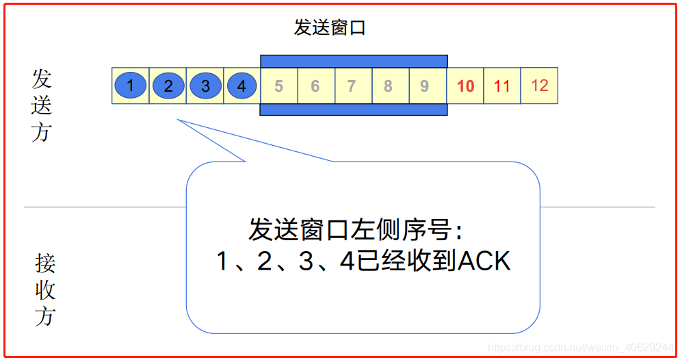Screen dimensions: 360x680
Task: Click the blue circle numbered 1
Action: tap(131, 86)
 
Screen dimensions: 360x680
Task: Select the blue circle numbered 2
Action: tap(168, 86)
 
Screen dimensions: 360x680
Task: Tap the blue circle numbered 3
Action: tap(205, 86)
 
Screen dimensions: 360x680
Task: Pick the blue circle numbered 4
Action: tap(241, 86)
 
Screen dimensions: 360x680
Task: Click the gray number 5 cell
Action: tap(278, 86)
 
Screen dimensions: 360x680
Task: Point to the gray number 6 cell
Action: tap(315, 86)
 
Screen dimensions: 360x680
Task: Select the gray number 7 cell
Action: tap(352, 86)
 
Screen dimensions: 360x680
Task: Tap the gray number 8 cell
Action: tap(389, 86)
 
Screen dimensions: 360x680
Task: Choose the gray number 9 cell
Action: tap(425, 86)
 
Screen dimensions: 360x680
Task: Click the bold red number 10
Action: tap(465, 86)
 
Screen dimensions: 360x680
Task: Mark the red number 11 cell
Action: tap(502, 86)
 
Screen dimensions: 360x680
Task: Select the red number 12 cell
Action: tap(539, 86)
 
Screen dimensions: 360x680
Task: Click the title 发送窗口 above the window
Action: tap(330, 28)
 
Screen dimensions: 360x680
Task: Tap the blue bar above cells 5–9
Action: tap(354, 62)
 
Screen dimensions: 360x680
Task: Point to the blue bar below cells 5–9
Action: tap(354, 110)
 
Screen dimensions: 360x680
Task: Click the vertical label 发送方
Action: tap(42, 105)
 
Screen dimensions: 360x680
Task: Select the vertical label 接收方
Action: tap(45, 290)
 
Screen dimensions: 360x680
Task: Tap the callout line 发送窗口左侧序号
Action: tap(356, 230)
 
